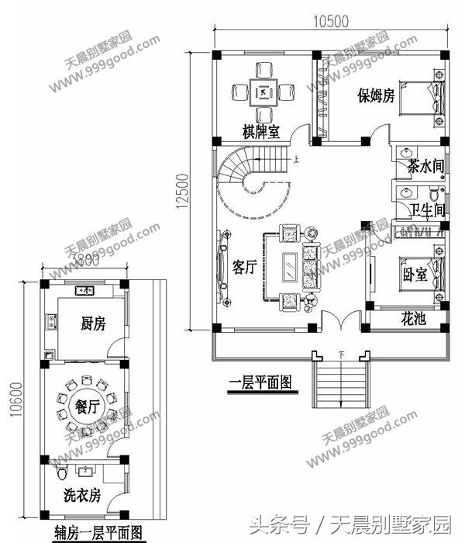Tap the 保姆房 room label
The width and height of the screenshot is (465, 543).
[x=376, y=96]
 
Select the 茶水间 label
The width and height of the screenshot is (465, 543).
[x=425, y=166]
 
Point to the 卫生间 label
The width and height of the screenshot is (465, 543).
[x=426, y=209]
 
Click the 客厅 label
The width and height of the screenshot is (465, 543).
[x=246, y=268]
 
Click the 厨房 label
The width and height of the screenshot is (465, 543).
[x=93, y=324]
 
